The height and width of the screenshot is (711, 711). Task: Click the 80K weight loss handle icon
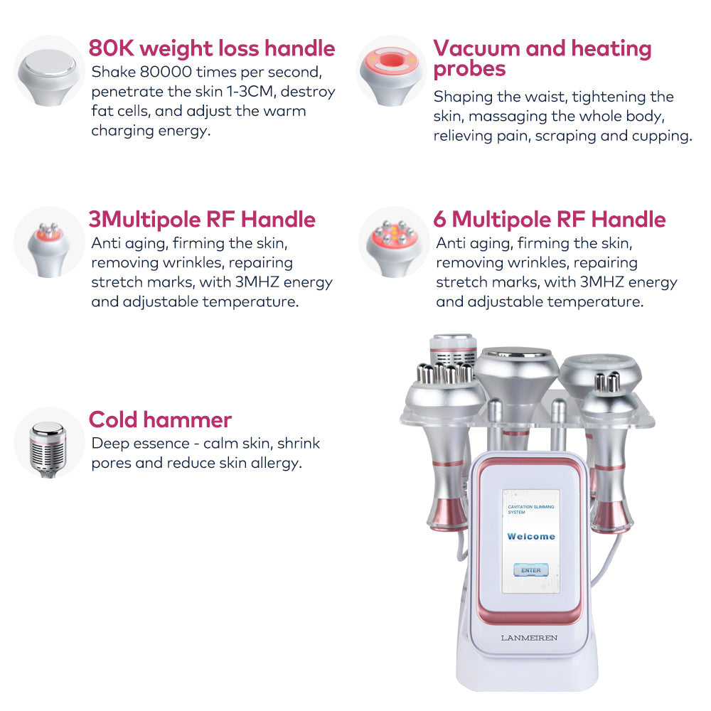point(48,71)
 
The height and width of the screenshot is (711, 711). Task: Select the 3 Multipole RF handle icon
point(48,242)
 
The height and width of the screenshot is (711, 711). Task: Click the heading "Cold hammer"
point(160,419)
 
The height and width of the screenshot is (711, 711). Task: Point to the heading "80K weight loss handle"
point(211,48)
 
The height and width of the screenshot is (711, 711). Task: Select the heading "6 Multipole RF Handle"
point(550,219)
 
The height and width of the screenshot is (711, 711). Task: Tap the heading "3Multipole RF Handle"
point(202,219)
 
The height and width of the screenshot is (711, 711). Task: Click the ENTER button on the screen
point(530,570)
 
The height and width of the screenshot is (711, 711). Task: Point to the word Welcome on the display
point(530,536)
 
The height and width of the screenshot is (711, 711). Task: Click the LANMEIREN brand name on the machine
point(529,638)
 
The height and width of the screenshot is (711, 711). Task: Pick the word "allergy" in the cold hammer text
point(277,463)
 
